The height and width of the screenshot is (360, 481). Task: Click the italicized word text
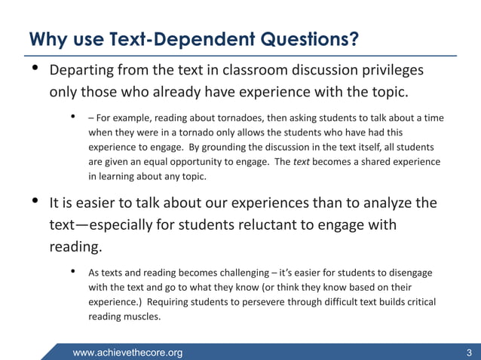point(302,162)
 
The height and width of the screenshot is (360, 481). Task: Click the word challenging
point(233,273)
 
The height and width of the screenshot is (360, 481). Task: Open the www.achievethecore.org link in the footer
point(127,352)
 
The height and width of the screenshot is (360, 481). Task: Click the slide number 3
point(470,352)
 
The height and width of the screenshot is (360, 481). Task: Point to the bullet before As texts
point(73,272)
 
